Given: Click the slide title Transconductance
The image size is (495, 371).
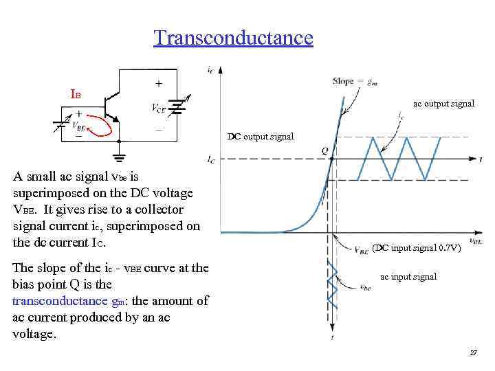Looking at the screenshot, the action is [233, 37].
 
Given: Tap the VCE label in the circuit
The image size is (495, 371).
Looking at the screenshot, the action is [158, 107].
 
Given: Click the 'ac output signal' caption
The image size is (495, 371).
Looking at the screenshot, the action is [443, 104].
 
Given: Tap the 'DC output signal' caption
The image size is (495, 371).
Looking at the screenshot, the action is [260, 136].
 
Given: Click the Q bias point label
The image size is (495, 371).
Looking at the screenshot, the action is [324, 150].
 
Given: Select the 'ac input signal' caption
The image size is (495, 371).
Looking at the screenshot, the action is [408, 277].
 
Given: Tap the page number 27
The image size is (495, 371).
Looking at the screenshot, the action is [473, 352].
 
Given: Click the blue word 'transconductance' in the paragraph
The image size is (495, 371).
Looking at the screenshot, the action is [56, 301].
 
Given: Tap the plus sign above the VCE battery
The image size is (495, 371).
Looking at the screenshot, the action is [159, 83].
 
